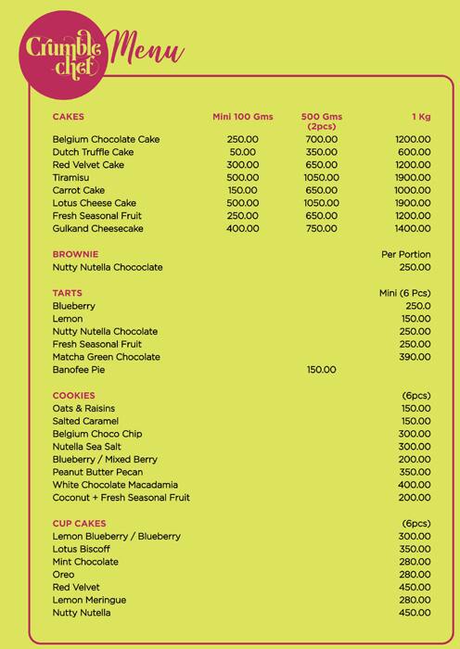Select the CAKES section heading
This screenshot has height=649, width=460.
pos(69,117)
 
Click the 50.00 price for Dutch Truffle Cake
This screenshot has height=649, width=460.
pos(243,152)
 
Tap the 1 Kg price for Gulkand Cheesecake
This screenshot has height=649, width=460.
pos(413,228)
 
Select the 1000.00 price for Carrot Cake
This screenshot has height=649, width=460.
pos(413,190)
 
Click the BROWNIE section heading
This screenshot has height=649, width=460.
pos(76,254)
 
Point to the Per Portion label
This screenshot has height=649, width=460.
pos(406,254)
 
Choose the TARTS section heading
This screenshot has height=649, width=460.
pos(69,293)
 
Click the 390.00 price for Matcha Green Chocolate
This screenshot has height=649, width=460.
pos(415,357)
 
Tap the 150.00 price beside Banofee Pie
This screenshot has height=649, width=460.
pos(321,370)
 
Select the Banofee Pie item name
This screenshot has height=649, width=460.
pos(81,370)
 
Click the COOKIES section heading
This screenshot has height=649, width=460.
pos(74,396)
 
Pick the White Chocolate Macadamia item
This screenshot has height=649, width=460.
pos(115,485)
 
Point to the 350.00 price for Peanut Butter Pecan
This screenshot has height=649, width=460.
pos(415,472)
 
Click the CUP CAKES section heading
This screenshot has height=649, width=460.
pos(79,524)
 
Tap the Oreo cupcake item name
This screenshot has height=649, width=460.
pos(64,575)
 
